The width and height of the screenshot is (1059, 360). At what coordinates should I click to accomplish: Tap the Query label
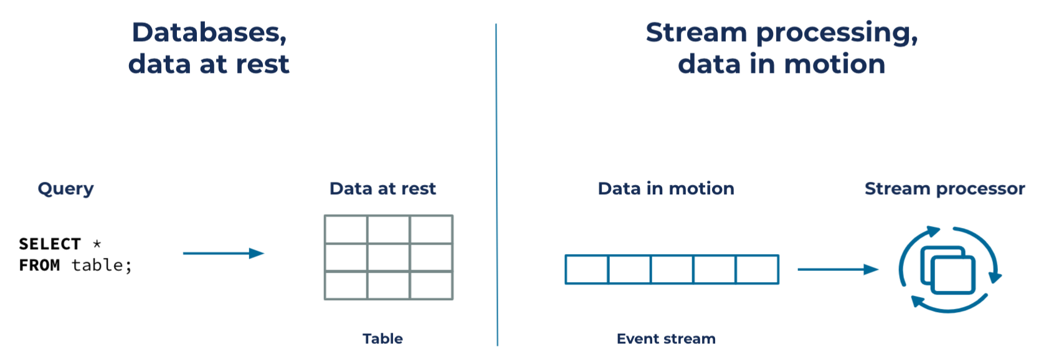tap(65, 189)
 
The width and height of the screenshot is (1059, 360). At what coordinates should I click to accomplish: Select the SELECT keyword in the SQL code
tap(50, 244)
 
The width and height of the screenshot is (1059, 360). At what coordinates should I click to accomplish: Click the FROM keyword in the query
tap(39, 265)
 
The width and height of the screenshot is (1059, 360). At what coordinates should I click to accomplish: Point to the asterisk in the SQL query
tap(97, 244)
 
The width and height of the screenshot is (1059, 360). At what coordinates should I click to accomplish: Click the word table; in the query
tap(102, 265)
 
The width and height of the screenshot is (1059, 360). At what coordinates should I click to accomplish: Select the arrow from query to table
tap(224, 253)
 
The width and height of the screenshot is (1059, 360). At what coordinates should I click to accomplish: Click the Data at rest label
tap(382, 189)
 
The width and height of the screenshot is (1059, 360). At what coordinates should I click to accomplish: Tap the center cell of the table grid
tap(389, 257)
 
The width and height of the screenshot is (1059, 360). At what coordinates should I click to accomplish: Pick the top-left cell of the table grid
tap(346, 230)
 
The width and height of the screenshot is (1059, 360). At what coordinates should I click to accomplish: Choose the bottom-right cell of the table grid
tap(431, 285)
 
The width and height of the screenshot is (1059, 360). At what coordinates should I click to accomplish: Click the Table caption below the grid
tap(382, 339)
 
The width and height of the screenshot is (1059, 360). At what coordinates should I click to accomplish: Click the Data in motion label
tap(666, 189)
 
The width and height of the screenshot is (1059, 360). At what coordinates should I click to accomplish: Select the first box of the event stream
tap(587, 269)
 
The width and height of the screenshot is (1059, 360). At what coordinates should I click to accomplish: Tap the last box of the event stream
tap(757, 269)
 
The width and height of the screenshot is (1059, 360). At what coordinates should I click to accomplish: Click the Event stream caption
tap(666, 339)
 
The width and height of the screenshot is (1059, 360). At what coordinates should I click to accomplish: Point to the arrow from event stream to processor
tap(838, 269)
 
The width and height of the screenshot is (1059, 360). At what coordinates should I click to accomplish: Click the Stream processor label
tap(944, 189)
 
